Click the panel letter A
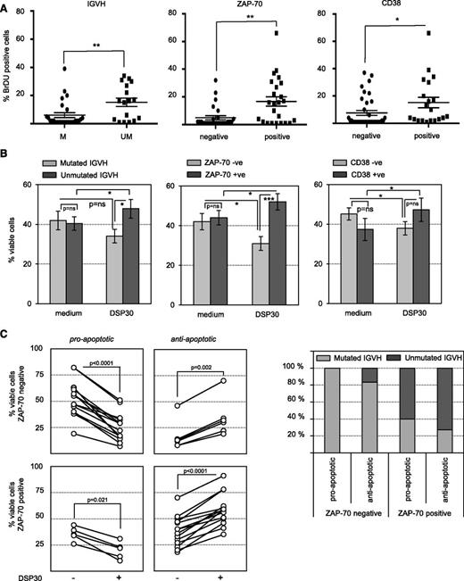pyautogui.click(x=6, y=7)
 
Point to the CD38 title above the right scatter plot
pyautogui.click(x=389, y=8)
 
